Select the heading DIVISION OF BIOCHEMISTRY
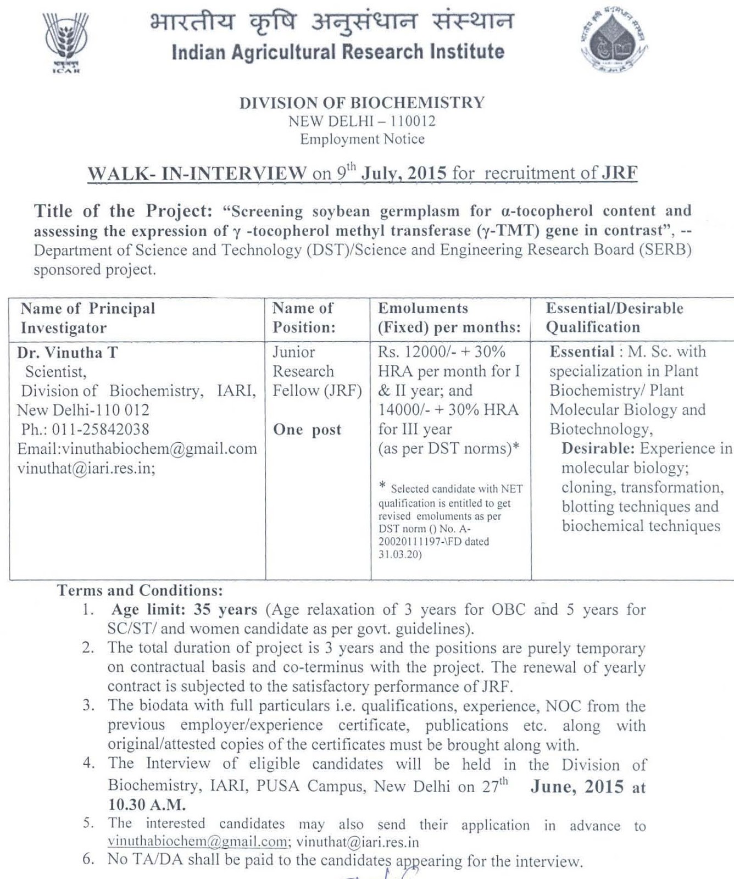coord(362,103)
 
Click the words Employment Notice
coord(362,139)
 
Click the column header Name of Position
coord(304,318)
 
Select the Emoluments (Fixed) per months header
coord(449,318)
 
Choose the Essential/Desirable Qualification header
coord(614,318)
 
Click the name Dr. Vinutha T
coord(68,353)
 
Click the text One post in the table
coord(307,430)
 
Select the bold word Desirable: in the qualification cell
coord(598,449)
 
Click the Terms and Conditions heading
coord(140,591)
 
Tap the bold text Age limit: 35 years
coord(185,610)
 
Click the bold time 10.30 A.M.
coord(147,805)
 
